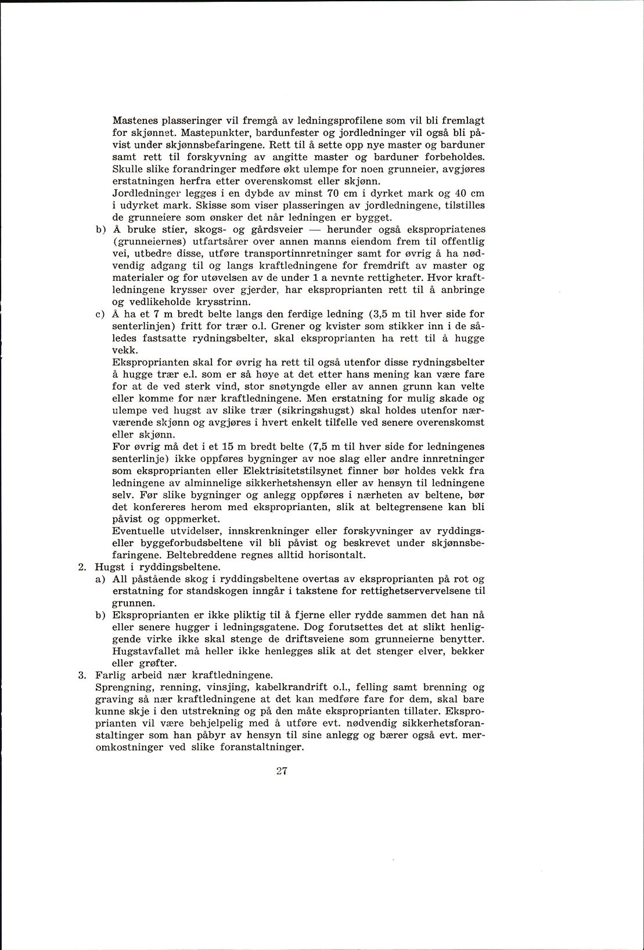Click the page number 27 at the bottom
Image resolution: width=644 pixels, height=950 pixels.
coord(283,771)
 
